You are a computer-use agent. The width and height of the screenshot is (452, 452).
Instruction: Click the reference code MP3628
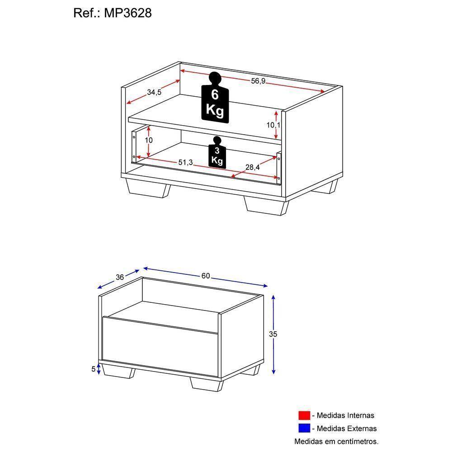(x=128, y=13)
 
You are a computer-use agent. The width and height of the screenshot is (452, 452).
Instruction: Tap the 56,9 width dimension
(x=258, y=81)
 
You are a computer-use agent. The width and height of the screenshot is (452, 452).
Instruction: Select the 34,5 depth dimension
(x=154, y=92)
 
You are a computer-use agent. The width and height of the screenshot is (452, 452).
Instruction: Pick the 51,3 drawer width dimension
(x=185, y=162)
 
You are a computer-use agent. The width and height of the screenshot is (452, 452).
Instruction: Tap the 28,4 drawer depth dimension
(x=252, y=167)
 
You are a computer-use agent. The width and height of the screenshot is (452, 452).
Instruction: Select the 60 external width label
(x=206, y=276)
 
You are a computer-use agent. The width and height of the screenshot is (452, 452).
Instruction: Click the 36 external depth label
(x=119, y=278)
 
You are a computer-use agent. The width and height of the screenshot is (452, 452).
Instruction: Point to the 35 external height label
(x=273, y=334)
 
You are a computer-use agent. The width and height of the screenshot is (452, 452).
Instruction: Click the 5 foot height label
(x=94, y=369)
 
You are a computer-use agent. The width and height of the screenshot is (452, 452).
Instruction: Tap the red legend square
(x=304, y=415)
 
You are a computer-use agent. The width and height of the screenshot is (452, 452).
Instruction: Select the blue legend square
(x=304, y=428)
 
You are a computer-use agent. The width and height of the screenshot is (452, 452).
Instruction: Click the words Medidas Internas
(x=345, y=415)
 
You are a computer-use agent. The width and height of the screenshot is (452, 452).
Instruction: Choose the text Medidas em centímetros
(x=336, y=441)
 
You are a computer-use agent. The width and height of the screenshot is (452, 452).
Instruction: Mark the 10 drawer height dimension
(x=149, y=141)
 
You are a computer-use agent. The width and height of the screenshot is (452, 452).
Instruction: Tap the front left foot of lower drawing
(x=118, y=371)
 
